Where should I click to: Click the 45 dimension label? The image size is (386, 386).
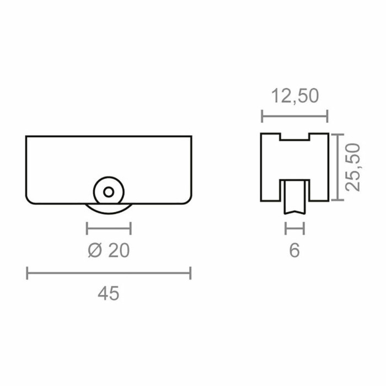click(x=108, y=293)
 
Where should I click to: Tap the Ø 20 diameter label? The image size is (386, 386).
click(x=109, y=250)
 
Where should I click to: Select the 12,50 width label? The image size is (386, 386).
click(x=294, y=96)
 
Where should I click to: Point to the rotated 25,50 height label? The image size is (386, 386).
click(x=352, y=167)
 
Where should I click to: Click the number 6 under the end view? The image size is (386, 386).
click(x=294, y=250)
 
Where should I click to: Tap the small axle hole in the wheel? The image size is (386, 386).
click(x=109, y=192)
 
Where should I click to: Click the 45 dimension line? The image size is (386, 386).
click(x=109, y=273)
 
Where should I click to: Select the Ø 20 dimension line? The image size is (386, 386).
click(x=109, y=228)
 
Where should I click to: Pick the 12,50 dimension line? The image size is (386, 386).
click(x=294, y=116)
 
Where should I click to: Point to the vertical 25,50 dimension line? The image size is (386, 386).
click(x=337, y=167)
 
